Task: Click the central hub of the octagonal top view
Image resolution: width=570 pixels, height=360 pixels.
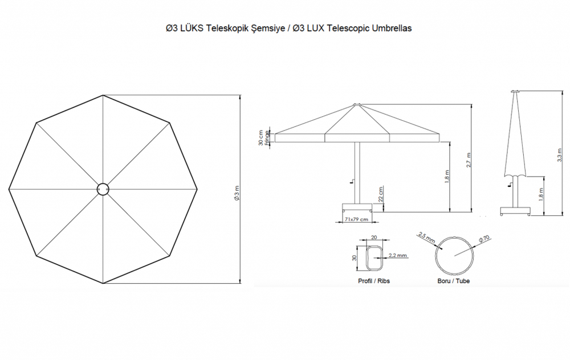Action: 103,189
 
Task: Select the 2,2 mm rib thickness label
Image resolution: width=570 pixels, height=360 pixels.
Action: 397,256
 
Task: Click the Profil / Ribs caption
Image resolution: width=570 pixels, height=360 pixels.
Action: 374,281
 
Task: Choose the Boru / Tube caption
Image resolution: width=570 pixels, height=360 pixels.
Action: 454,281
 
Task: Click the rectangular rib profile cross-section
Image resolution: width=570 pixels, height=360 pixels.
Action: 373,258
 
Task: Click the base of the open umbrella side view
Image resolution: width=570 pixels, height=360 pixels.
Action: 357,207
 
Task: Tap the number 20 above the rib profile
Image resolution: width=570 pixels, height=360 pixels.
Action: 374,238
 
